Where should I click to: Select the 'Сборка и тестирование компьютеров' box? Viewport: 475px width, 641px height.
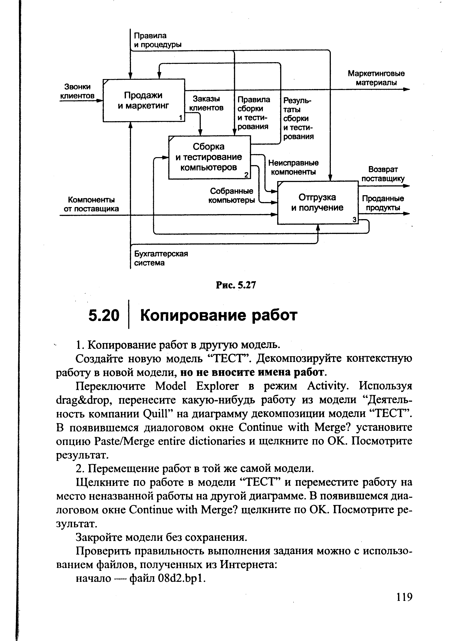(x=209, y=157)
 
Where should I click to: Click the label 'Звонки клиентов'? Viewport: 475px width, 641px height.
(x=77, y=91)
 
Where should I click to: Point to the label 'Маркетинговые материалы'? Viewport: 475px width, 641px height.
(x=376, y=78)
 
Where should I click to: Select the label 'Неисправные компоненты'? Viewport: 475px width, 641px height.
(x=293, y=167)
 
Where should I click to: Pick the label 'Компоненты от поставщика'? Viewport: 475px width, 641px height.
(x=91, y=204)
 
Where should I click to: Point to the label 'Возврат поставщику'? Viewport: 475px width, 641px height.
(x=383, y=174)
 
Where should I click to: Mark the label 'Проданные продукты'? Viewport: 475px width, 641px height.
(x=383, y=203)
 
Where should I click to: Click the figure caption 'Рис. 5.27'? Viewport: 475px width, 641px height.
(x=236, y=285)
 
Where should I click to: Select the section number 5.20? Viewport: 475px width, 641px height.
(x=104, y=315)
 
